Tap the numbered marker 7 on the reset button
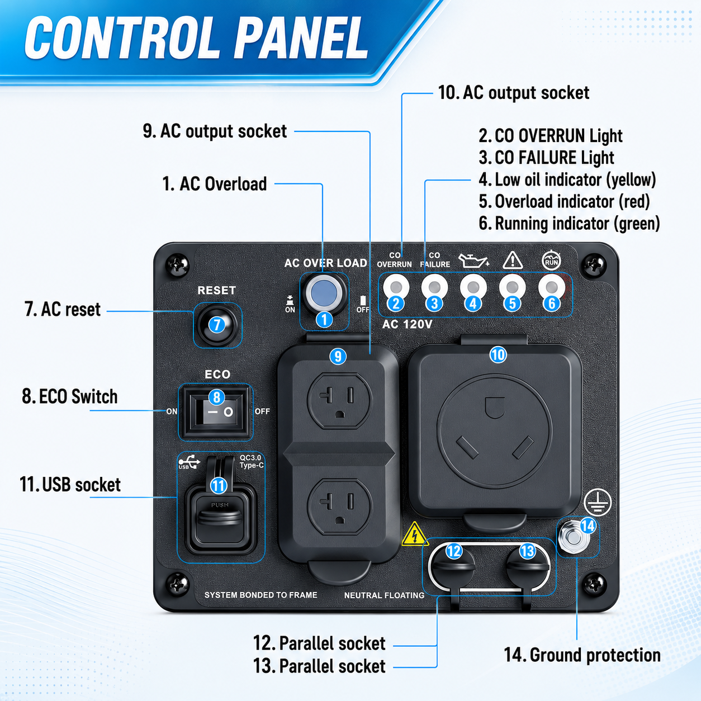pyautogui.click(x=217, y=324)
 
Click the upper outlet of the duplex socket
pyautogui.click(x=339, y=400)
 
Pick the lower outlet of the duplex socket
pyautogui.click(x=339, y=506)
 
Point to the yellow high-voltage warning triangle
pyautogui.click(x=415, y=534)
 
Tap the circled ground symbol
pyautogui.click(x=598, y=503)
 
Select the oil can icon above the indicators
pyautogui.click(x=473, y=260)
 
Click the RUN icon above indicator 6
pyautogui.click(x=552, y=260)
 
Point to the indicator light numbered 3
pyautogui.click(x=434, y=287)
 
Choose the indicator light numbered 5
pyautogui.click(x=512, y=287)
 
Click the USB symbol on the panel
pyautogui.click(x=189, y=462)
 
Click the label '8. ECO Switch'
pyautogui.click(x=69, y=396)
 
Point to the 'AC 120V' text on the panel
pyautogui.click(x=407, y=324)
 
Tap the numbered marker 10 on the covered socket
pyautogui.click(x=498, y=354)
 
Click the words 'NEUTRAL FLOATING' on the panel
pyautogui.click(x=384, y=595)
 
